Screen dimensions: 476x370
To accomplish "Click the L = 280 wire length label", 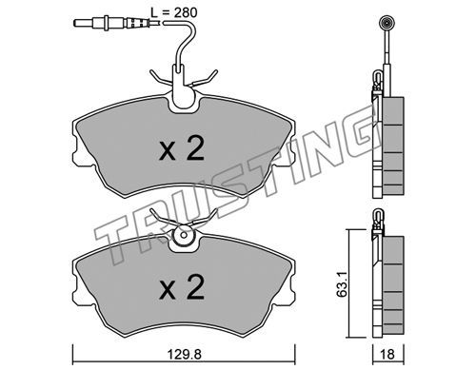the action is tap(173, 12).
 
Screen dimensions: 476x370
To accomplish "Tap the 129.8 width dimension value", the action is tap(185, 354).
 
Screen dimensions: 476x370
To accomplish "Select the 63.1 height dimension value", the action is tap(342, 283).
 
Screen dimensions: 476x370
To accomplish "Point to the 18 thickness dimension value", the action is tap(387, 354).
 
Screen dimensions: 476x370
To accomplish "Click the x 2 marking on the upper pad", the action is tap(182, 149).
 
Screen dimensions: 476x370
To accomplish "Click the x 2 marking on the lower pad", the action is tap(182, 288).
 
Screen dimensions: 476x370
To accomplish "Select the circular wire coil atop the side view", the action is tap(387, 23).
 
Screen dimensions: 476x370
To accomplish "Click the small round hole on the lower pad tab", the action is tap(183, 235).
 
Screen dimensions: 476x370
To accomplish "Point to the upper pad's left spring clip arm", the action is tap(160, 78).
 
